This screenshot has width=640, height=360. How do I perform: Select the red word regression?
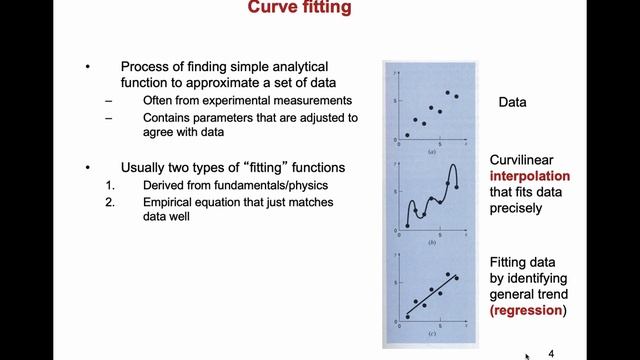[x=528, y=311]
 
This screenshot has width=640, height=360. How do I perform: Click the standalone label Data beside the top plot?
[x=512, y=103]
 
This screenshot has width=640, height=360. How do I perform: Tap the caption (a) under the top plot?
[x=431, y=150]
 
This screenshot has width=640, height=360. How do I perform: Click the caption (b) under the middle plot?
[x=431, y=243]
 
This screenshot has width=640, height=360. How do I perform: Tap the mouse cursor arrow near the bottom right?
[x=529, y=353]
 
